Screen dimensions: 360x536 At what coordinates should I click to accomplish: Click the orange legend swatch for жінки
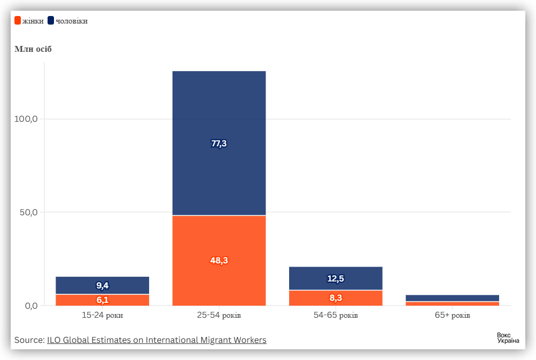pos(18,21)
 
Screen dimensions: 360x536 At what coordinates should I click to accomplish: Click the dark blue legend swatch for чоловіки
pos(51,21)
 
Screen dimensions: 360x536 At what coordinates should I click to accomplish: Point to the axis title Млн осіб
pos(33,49)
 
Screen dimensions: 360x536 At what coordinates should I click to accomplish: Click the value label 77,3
pos(219,143)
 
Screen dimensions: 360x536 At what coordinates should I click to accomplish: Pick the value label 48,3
pos(219,261)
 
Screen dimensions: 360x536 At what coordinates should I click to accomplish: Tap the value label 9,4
pos(102,285)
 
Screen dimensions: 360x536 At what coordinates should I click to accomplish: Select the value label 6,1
pos(102,300)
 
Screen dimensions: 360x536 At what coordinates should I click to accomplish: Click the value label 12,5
pos(336,278)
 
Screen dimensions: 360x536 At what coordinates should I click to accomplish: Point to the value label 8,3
pos(336,298)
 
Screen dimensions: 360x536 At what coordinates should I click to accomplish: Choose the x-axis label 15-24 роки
pos(102,316)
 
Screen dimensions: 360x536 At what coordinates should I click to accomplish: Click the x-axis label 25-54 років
pos(219,316)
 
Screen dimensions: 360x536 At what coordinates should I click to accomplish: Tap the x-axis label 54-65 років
pos(336,316)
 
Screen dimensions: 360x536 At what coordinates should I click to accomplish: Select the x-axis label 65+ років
pos(452,316)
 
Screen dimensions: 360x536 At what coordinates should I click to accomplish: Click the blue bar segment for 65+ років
pos(452,298)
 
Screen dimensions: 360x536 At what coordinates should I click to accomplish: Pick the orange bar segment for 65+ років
pos(452,303)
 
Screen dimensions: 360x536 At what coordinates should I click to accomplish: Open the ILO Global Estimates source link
pos(157,340)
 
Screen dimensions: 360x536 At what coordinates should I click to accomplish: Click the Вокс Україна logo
pos(508,338)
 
